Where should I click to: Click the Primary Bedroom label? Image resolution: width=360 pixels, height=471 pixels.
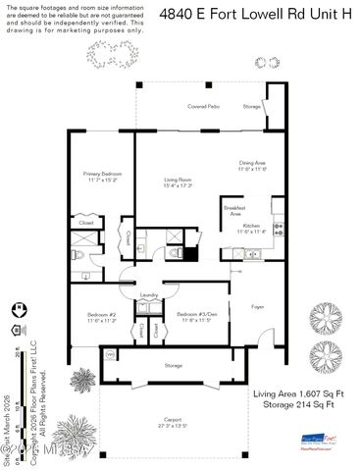(x=102, y=174)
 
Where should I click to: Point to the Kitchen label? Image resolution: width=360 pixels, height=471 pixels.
(x=252, y=226)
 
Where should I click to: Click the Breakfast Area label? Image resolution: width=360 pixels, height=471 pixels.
(x=233, y=209)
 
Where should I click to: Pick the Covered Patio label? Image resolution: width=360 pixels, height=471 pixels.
(x=203, y=106)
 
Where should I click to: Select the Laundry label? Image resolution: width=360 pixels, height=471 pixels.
(x=149, y=294)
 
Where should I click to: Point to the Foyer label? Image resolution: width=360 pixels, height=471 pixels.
(x=258, y=306)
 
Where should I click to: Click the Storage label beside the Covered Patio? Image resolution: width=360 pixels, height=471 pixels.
(x=252, y=106)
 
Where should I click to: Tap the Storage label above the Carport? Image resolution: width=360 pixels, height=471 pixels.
(x=173, y=365)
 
